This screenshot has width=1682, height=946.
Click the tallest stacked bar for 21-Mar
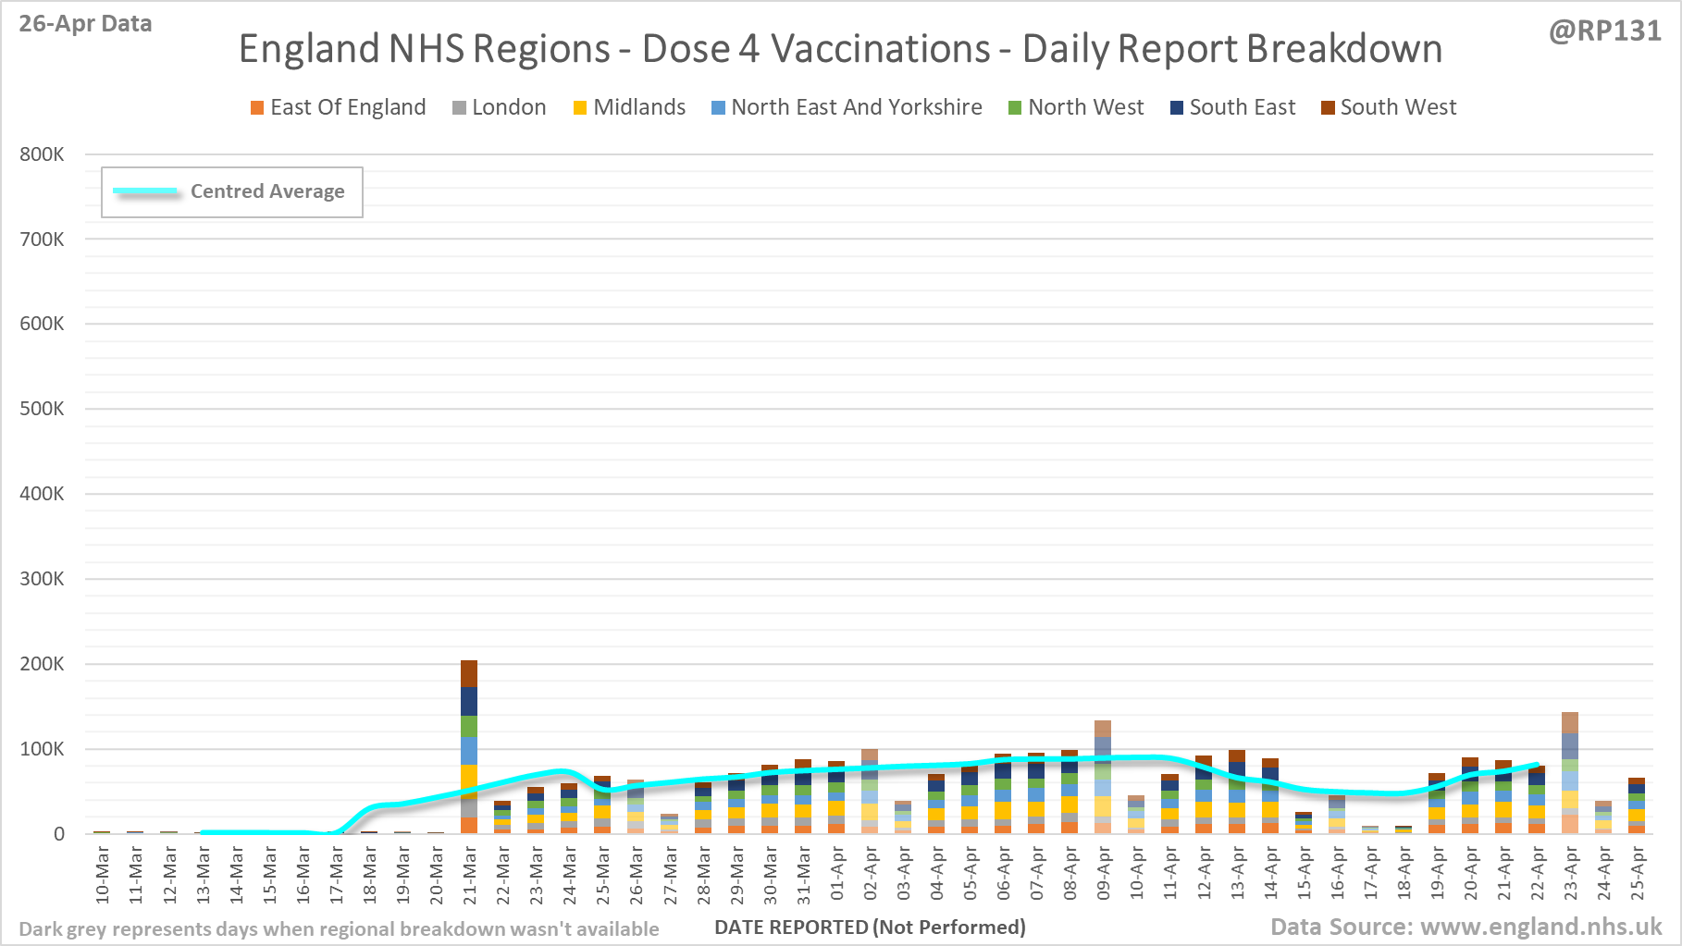[469, 746]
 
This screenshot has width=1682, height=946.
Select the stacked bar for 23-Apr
[1570, 773]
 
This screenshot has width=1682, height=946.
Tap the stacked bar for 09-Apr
[1103, 777]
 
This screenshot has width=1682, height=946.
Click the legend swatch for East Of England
[257, 108]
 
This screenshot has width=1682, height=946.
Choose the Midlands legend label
[639, 107]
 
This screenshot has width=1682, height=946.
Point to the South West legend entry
[1398, 107]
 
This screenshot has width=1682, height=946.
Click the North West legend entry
[1085, 107]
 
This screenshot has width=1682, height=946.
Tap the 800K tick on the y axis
[42, 154]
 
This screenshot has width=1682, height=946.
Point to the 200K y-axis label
[42, 664]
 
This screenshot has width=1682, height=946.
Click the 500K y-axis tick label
[42, 409]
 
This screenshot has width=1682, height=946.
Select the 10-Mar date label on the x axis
[103, 876]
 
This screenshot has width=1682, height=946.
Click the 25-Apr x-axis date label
[1638, 876]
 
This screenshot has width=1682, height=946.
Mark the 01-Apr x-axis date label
[837, 876]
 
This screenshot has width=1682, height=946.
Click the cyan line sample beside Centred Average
[146, 191]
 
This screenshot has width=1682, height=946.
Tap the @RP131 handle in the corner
[1604, 31]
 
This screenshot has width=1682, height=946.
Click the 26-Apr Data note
[85, 24]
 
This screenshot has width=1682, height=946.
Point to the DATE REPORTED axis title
[870, 928]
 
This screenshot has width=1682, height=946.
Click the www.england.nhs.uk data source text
[1540, 927]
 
